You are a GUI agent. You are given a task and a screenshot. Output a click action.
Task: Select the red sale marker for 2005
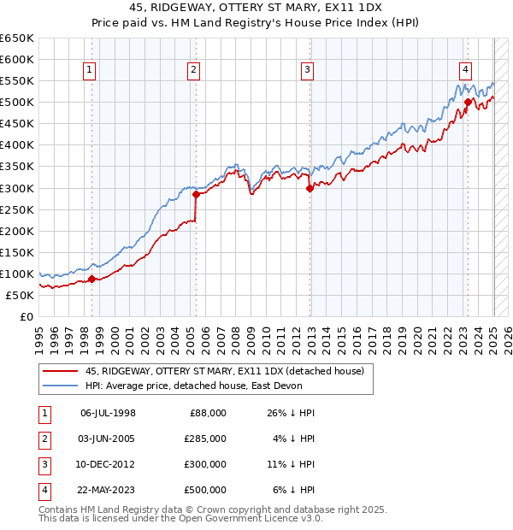(x=196, y=194)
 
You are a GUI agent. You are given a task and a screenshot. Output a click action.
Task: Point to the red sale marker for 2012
(x=310, y=188)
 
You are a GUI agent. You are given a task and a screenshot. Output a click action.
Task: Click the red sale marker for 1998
(x=91, y=279)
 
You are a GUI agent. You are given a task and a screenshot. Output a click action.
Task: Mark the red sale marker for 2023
(x=468, y=102)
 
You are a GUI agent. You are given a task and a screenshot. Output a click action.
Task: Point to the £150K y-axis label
(x=17, y=252)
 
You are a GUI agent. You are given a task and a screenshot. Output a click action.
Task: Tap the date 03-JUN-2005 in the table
(x=108, y=439)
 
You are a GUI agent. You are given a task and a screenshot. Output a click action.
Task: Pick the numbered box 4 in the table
(x=42, y=490)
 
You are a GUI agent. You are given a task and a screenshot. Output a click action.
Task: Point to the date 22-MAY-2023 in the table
(x=108, y=490)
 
